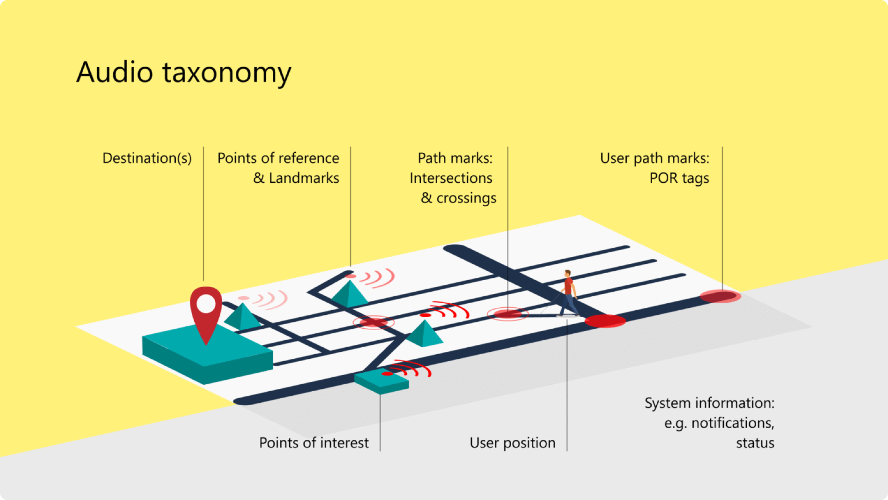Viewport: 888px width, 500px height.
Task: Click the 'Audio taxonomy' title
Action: (x=184, y=73)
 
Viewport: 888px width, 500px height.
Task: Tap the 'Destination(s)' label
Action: (x=147, y=158)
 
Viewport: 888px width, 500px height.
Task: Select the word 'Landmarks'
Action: (x=304, y=178)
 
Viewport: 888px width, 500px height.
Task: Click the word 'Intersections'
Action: (x=451, y=178)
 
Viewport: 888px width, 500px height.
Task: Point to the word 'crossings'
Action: (x=466, y=198)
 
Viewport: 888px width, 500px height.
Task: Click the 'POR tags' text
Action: (x=679, y=178)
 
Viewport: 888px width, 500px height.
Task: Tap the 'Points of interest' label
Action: (x=314, y=443)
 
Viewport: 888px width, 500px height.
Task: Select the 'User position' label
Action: (x=512, y=443)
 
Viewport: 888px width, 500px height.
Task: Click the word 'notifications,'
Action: (x=733, y=423)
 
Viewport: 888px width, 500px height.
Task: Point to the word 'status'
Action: (x=755, y=443)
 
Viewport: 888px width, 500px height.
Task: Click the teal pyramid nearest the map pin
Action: (x=242, y=317)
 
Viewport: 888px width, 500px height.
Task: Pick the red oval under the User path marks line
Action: (x=720, y=296)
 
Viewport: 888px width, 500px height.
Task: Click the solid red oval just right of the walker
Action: (x=605, y=320)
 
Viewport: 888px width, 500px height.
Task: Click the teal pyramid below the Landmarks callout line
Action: (x=349, y=294)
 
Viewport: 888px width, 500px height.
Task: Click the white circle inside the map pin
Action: (x=206, y=304)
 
